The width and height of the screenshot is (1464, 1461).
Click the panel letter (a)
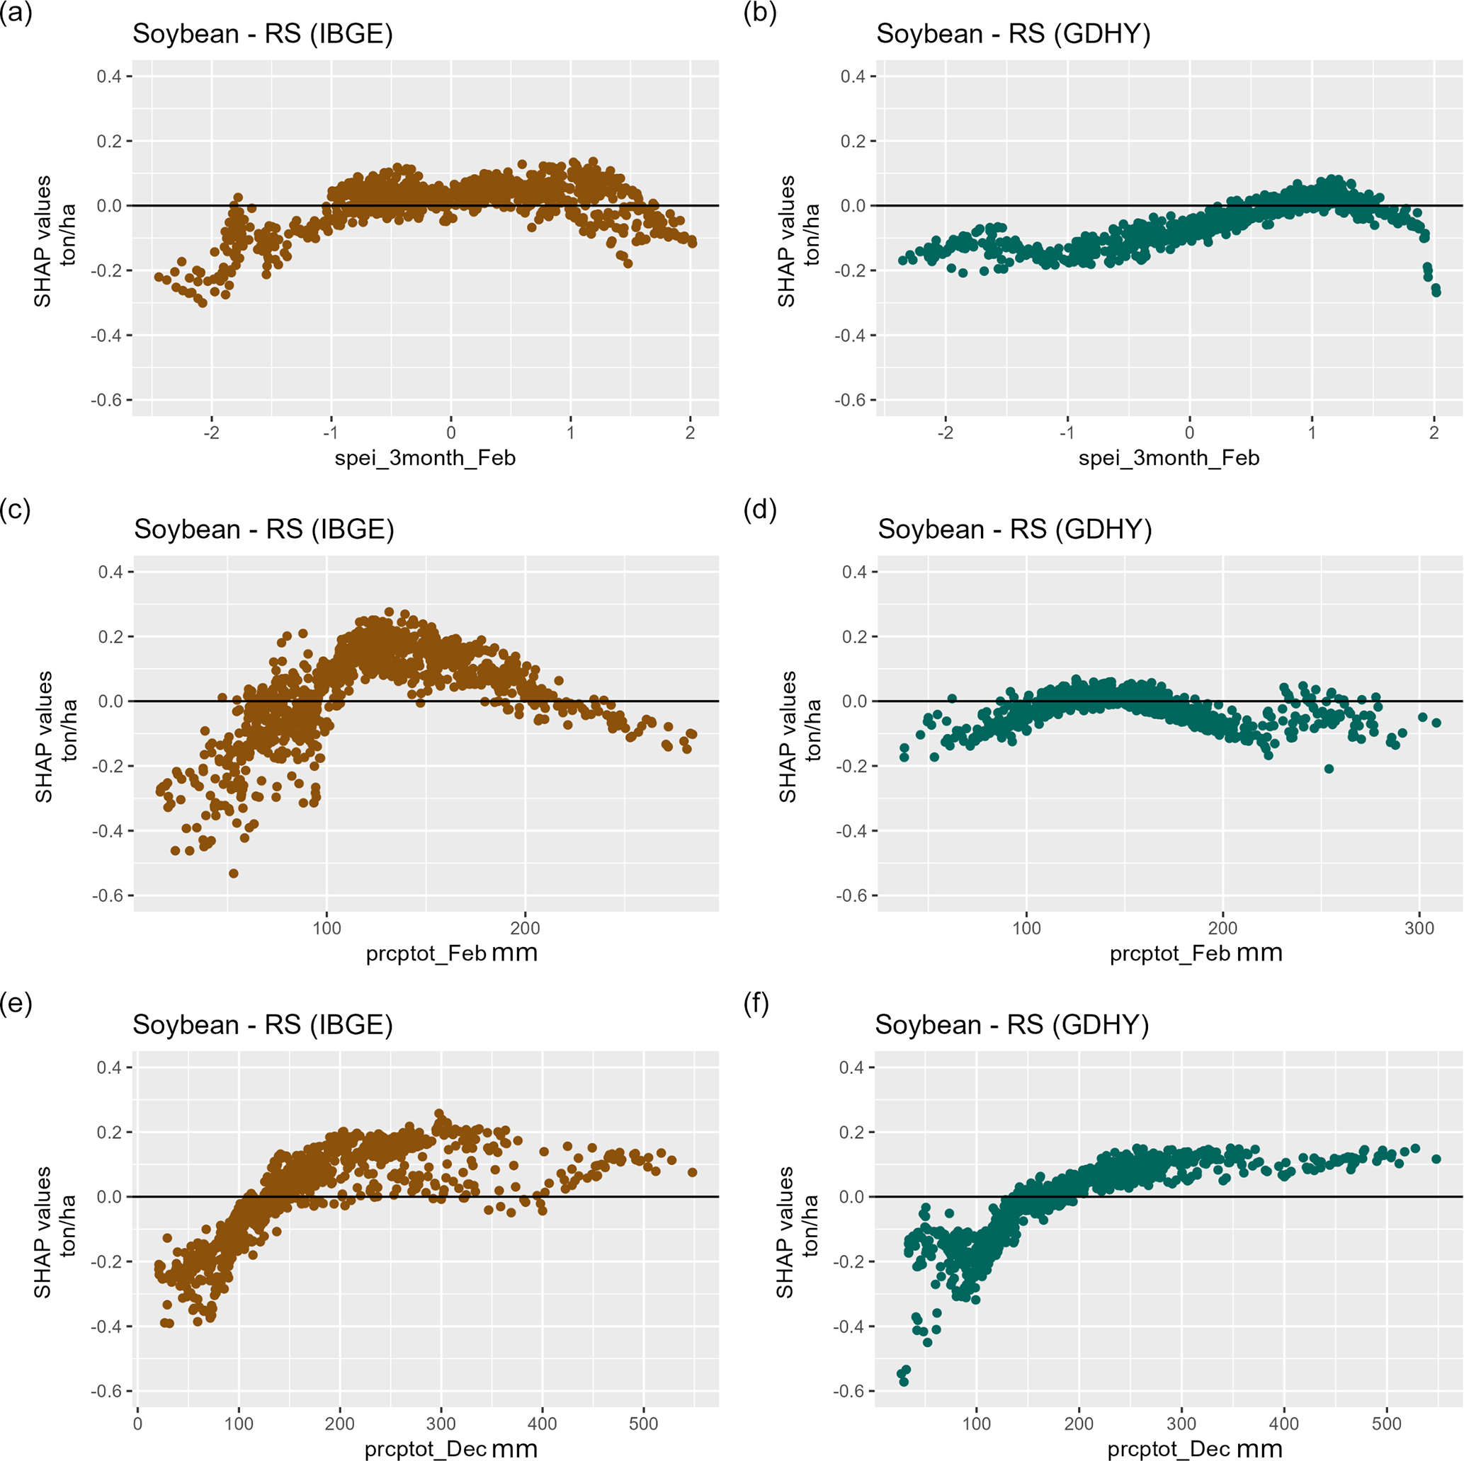16,14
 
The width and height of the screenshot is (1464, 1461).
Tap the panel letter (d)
760,510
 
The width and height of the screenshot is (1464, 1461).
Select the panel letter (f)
758,1004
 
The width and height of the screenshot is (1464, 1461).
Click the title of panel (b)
1013,34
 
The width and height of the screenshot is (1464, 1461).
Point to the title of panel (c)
263,529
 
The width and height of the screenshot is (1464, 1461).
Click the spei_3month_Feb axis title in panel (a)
425,458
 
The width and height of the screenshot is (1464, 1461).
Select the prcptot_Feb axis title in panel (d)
1196,953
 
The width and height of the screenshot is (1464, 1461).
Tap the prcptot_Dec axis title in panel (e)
451,1448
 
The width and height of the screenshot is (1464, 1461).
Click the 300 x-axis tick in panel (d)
1419,929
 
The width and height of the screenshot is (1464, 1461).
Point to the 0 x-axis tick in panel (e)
137,1424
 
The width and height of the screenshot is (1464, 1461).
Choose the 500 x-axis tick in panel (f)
1387,1424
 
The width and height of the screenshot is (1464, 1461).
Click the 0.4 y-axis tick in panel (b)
855,76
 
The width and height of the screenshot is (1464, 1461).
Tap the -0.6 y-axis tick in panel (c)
110,896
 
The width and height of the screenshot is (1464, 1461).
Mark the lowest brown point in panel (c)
234,873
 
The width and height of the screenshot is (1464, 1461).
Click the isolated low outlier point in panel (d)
1328,769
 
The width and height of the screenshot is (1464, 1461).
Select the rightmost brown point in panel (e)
692,1172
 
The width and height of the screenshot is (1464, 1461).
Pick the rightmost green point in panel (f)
1436,1159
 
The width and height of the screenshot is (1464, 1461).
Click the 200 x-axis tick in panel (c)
525,929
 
